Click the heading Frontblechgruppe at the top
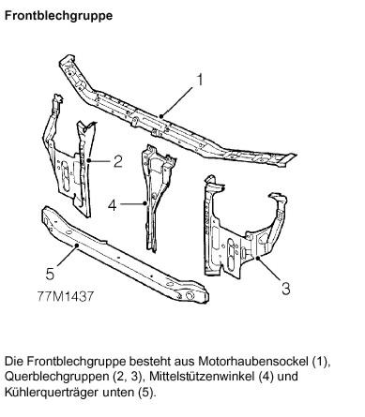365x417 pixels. coord(58,16)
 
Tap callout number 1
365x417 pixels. coord(200,80)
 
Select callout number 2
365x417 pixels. coord(117,161)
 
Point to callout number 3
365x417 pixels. coord(286,289)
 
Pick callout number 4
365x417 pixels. coord(113,205)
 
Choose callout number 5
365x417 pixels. coord(50,274)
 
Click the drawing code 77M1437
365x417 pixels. coord(66,296)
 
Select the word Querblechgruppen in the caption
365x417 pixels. coord(56,377)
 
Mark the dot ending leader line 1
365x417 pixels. coord(161,116)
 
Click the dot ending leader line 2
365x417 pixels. coord(89,160)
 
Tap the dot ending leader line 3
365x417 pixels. coord(257,258)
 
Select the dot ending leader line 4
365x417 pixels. coord(144,203)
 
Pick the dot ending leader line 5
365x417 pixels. coord(76,246)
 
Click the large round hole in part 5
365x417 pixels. coord(190,295)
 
